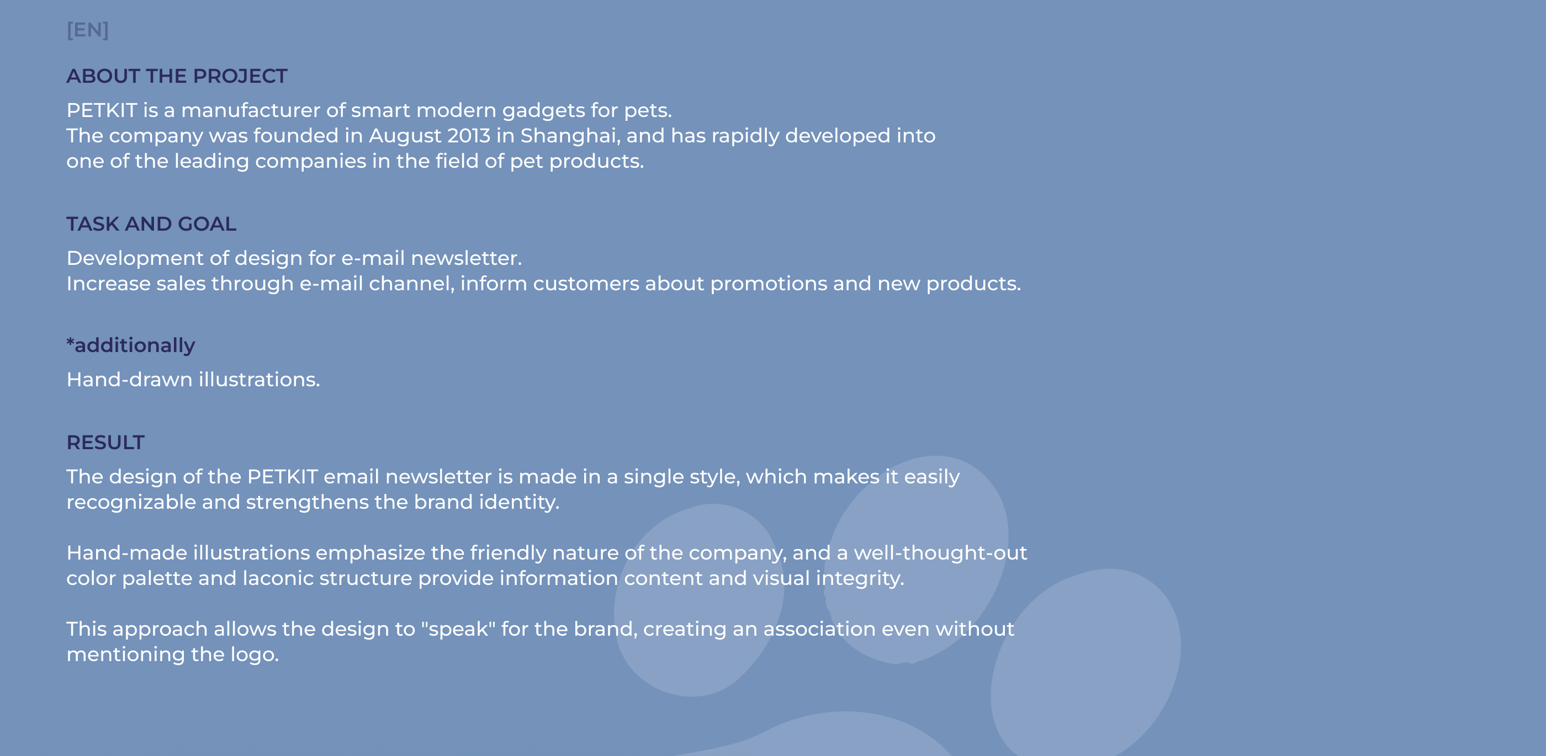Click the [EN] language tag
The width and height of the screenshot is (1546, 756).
pos(88,29)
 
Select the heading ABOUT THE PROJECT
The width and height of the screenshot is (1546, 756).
pos(177,76)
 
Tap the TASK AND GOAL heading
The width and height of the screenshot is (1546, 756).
pos(151,224)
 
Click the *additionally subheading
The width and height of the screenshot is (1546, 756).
pos(131,345)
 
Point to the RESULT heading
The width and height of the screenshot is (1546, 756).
pos(105,442)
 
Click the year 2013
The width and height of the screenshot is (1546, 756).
pos(469,136)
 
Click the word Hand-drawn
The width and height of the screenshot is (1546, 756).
pos(130,379)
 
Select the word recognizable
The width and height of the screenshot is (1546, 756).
pos(131,503)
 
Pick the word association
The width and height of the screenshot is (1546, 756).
pos(819,629)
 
